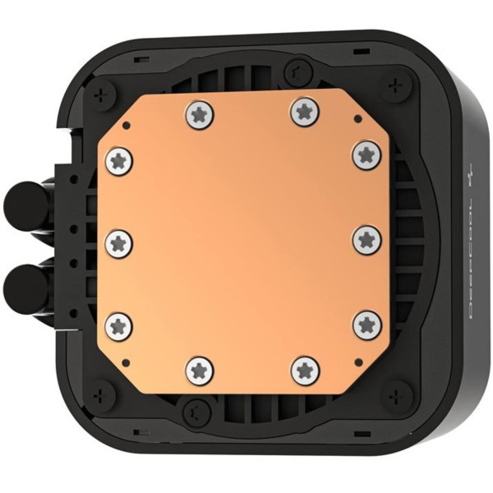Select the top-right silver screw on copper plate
pos(302,112)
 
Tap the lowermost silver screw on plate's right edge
pos(366,324)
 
